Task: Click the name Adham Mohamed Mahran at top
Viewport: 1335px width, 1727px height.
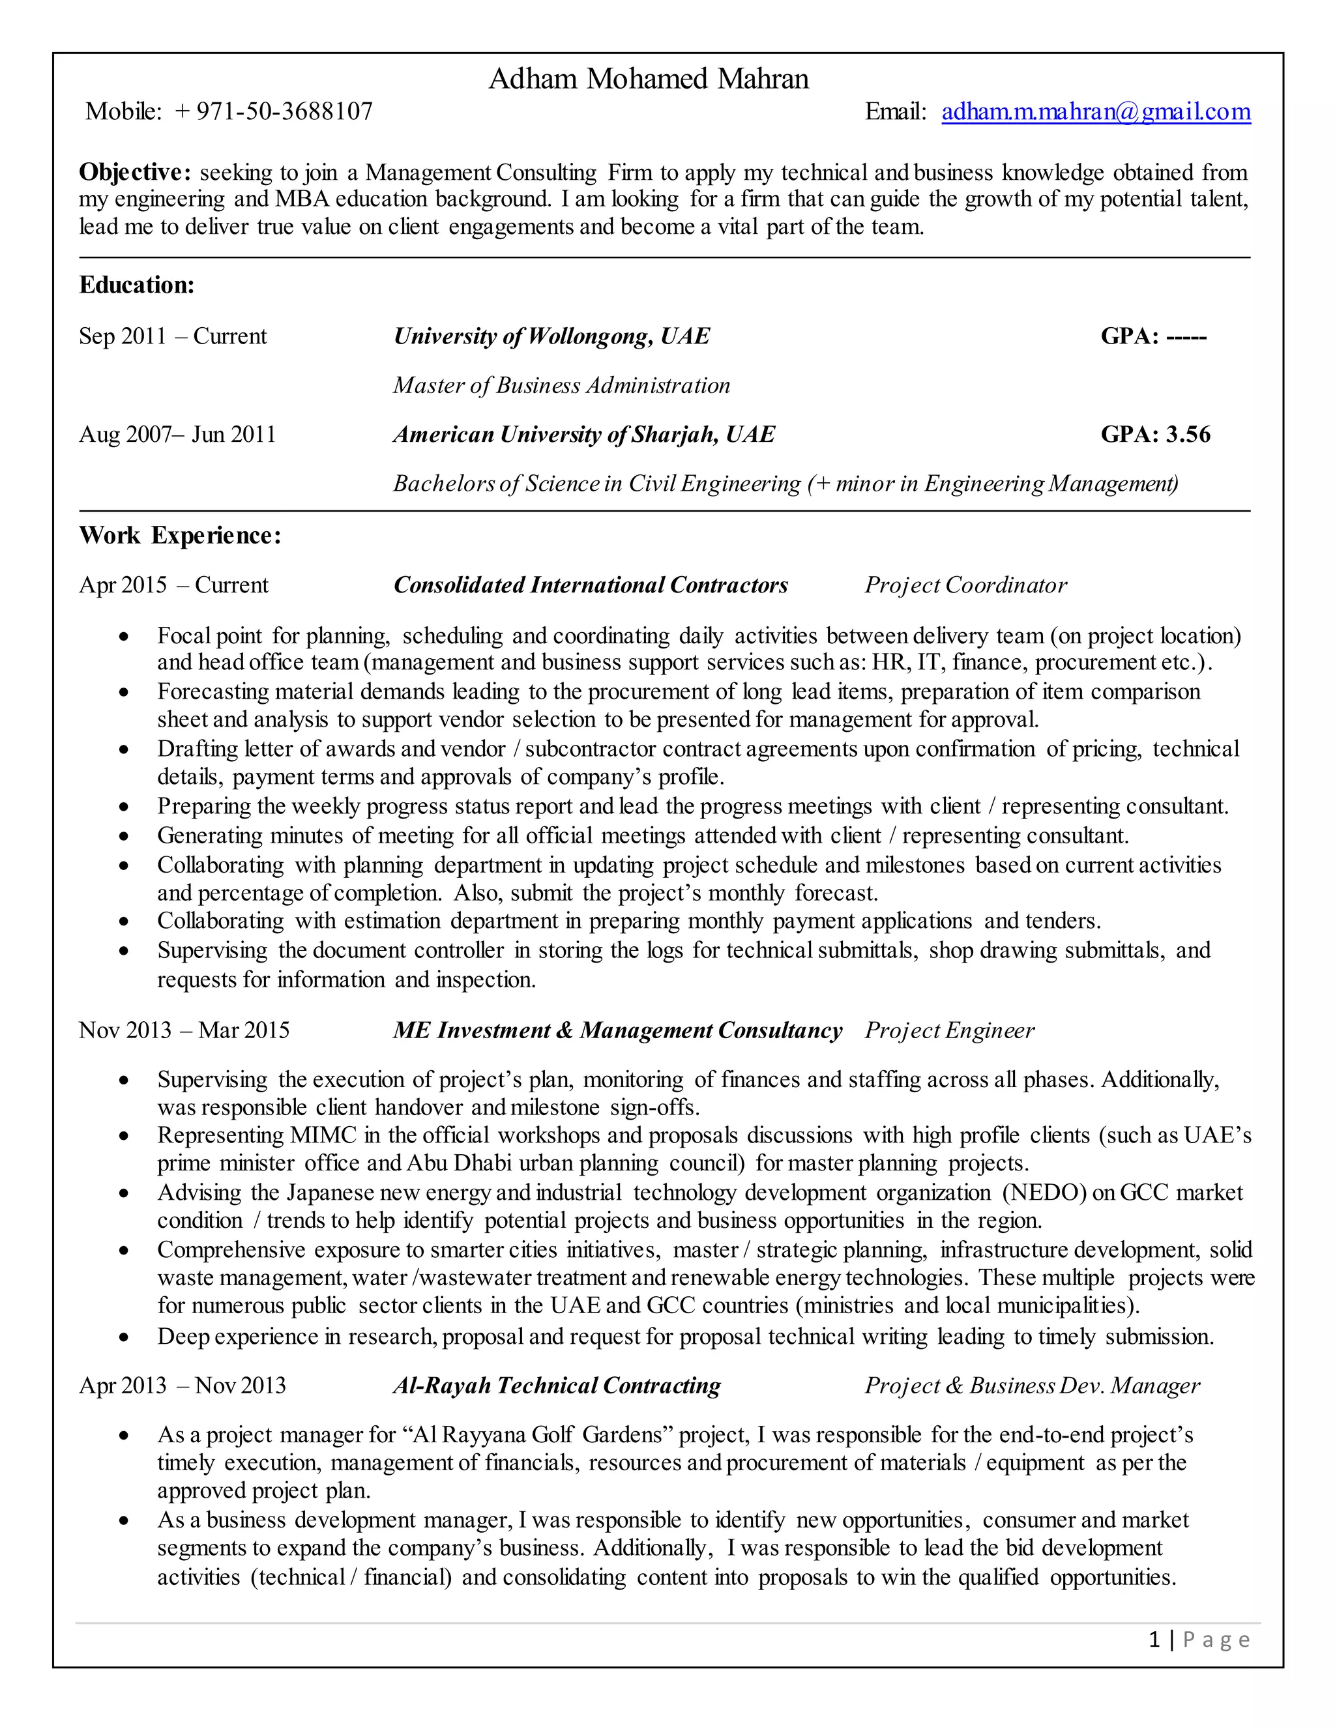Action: [x=649, y=79]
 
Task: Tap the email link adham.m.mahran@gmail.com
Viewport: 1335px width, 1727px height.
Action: [x=1095, y=111]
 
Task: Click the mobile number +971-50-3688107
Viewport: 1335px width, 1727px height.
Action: [x=274, y=111]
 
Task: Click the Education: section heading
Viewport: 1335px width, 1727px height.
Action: [x=137, y=285]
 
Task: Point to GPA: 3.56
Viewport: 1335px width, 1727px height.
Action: [x=1156, y=434]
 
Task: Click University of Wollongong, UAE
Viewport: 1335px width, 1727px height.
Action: [x=551, y=336]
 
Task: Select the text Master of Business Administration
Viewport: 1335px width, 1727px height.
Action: [x=561, y=385]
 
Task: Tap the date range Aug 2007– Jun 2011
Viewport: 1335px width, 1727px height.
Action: [x=177, y=434]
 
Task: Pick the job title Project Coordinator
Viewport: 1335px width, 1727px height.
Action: [x=965, y=585]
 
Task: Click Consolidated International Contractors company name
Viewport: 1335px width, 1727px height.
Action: [x=591, y=585]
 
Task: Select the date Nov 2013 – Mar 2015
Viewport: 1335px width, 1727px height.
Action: [x=184, y=1030]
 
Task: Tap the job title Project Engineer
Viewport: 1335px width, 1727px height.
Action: [x=949, y=1030]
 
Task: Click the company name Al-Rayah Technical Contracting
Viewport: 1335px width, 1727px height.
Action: [x=557, y=1386]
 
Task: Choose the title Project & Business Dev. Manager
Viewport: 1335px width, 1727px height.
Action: [x=1031, y=1386]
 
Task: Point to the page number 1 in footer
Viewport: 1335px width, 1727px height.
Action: [x=1154, y=1640]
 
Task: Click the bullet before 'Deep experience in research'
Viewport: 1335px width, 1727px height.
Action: [x=123, y=1337]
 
